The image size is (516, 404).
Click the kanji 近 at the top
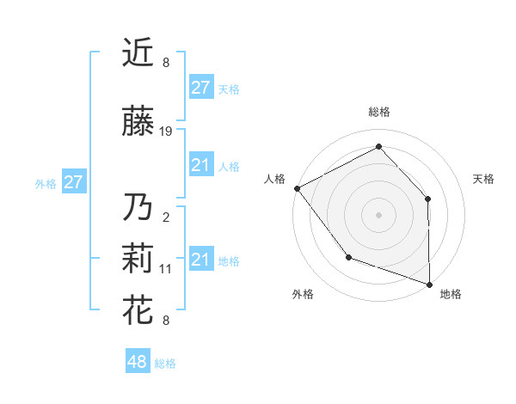click(138, 53)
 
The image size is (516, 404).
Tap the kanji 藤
click(138, 122)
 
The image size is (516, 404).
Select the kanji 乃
click(138, 208)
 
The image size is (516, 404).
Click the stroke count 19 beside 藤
click(166, 132)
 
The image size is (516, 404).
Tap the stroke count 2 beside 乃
click(166, 217)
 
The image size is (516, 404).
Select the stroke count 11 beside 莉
click(166, 269)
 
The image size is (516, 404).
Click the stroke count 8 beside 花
click(166, 321)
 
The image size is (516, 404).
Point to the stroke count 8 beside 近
click(166, 63)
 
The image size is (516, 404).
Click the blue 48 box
click(137, 362)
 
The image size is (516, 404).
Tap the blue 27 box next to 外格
click(73, 182)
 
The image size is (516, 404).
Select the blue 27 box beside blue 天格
click(200, 88)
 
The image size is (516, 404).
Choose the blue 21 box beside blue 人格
click(200, 165)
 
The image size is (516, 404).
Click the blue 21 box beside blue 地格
click(200, 260)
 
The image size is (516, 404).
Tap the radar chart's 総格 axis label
click(378, 112)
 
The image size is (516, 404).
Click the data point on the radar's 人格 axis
click(297, 188)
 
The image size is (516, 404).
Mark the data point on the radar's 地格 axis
click(429, 284)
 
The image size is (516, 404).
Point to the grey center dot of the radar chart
click(378, 214)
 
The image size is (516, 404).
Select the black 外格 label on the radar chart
click(303, 295)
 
